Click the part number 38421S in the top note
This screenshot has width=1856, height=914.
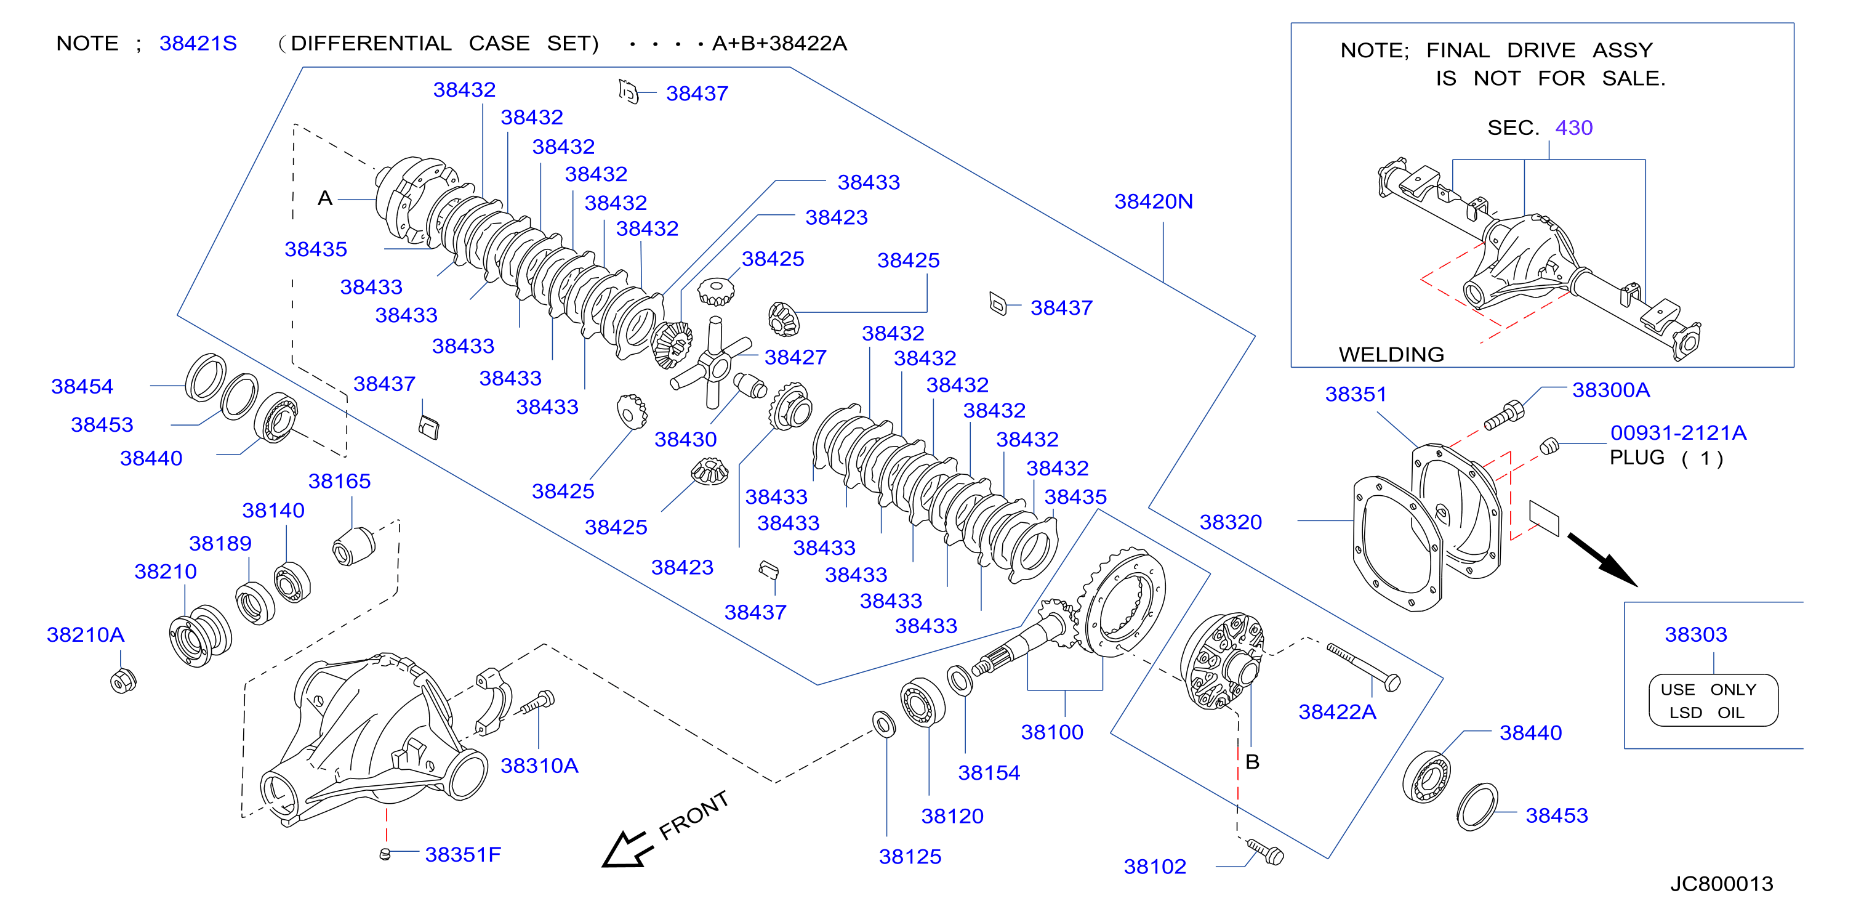coord(198,43)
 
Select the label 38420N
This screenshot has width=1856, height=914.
coord(1154,201)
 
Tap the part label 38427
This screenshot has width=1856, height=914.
coord(795,357)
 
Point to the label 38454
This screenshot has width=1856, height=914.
coord(82,386)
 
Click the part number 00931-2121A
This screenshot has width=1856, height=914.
coord(1679,432)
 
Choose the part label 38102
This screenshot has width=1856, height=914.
coord(1155,867)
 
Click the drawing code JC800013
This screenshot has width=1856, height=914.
coord(1722,884)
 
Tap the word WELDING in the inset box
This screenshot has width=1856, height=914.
coord(1391,354)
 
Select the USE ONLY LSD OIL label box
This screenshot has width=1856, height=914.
coord(1713,701)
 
